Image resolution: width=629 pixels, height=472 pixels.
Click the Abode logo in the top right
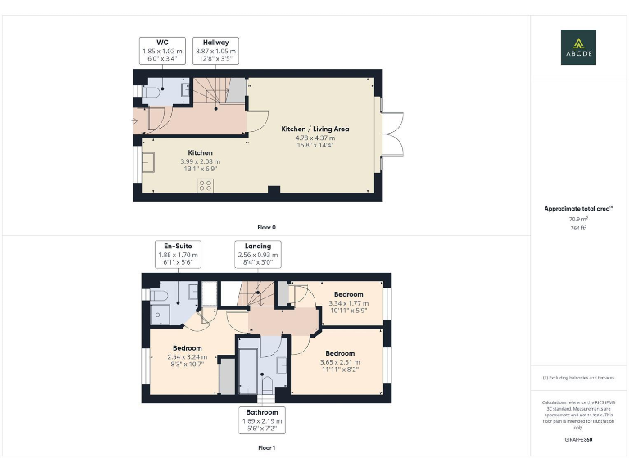[578, 47]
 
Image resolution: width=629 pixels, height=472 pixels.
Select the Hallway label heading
[216, 42]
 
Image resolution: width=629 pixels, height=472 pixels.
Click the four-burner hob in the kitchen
[206, 185]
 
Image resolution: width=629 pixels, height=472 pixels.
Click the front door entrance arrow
[133, 121]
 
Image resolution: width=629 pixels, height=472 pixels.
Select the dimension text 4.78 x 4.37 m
[315, 138]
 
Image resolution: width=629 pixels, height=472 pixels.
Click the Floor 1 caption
[266, 447]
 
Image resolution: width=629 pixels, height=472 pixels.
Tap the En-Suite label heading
[178, 246]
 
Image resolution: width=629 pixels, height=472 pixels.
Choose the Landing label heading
[257, 246]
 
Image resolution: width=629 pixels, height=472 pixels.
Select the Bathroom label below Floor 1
[262, 412]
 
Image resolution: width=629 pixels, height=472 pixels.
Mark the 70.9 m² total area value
[578, 220]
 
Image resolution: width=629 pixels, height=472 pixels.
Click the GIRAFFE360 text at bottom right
[578, 441]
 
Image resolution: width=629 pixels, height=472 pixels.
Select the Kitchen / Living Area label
[315, 129]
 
